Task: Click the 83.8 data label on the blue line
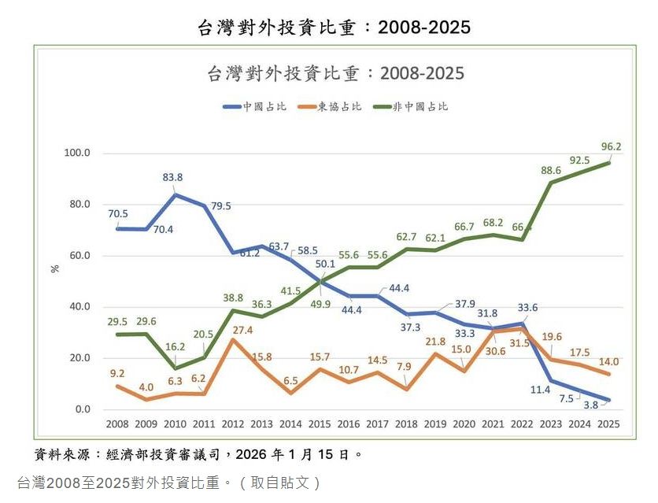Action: click(173, 177)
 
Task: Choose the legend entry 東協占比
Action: click(332, 106)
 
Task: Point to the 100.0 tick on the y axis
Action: click(78, 153)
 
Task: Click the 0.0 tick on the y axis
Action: click(83, 409)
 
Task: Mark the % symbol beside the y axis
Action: click(55, 268)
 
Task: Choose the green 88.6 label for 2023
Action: click(551, 170)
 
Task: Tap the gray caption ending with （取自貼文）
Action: click(169, 482)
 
